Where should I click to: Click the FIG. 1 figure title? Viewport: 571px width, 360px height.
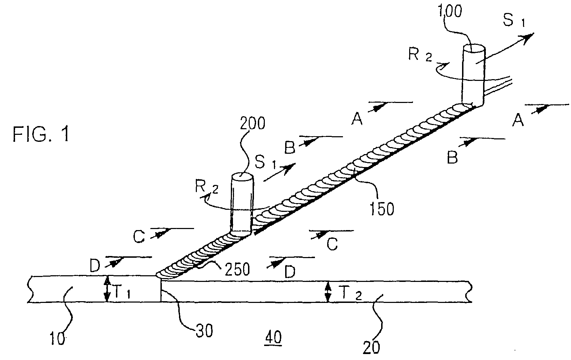[x=41, y=134]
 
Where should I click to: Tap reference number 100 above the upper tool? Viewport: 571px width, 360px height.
[x=450, y=12]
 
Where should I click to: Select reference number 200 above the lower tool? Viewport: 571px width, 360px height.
[x=253, y=123]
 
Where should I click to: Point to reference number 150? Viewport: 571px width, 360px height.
[x=381, y=209]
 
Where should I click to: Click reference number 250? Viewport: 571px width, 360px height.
[x=237, y=269]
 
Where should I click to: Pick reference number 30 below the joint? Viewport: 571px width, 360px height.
[x=204, y=331]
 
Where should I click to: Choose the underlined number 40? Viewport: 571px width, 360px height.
[x=273, y=338]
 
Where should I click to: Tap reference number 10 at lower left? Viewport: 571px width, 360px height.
[x=57, y=338]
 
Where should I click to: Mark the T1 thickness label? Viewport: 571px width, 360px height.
[x=122, y=292]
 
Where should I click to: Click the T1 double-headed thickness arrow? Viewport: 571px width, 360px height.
[x=108, y=289]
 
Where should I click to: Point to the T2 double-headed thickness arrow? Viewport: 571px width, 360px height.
[x=328, y=292]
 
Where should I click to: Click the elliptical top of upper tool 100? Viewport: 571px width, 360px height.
[x=474, y=48]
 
